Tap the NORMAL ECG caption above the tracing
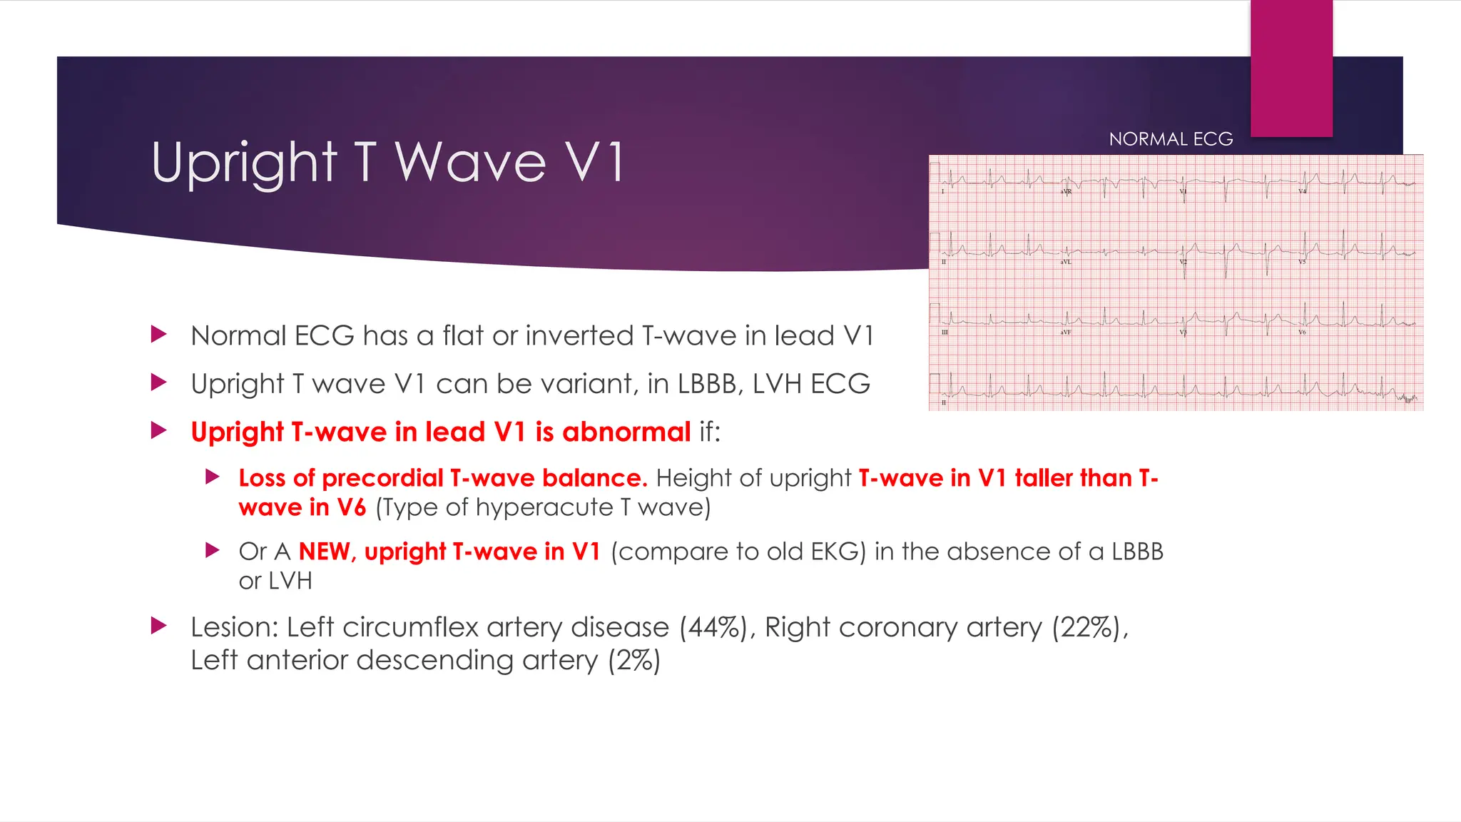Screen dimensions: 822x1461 coord(1171,139)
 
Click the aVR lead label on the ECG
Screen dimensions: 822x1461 coord(1066,192)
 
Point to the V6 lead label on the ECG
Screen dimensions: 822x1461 coord(1302,333)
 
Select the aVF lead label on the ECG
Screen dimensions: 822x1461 coord(1065,333)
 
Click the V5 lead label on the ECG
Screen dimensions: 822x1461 coord(1302,262)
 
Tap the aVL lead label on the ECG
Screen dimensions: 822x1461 coord(1065,262)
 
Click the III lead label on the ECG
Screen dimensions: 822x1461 coord(944,333)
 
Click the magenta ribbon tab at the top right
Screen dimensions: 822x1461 coord(1291,68)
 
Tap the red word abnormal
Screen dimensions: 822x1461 coord(626,432)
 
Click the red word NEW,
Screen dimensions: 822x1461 coord(327,552)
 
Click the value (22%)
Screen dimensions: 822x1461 coord(1089,628)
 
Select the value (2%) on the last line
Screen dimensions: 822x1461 coord(634,661)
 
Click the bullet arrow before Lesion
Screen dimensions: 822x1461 coord(159,626)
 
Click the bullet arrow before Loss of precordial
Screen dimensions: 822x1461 coord(212,477)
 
